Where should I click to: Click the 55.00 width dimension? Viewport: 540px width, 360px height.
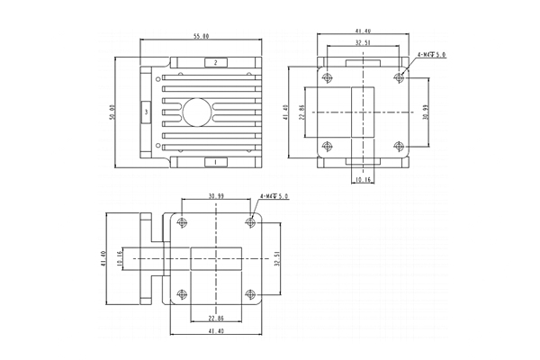[x=201, y=37]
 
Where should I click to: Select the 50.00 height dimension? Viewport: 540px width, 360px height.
[x=112, y=112]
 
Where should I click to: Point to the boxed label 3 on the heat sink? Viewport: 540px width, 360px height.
[x=146, y=112]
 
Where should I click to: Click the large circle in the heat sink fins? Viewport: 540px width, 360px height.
[x=196, y=112]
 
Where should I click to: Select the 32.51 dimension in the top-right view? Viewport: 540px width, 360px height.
[x=362, y=42]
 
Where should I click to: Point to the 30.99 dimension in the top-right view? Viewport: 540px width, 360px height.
[x=425, y=112]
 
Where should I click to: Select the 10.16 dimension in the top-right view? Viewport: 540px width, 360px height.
[x=362, y=179]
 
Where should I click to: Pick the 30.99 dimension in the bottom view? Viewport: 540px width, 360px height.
[x=216, y=195]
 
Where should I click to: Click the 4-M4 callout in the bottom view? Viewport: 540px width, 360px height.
[x=273, y=195]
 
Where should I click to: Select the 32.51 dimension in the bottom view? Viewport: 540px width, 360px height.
[x=277, y=258]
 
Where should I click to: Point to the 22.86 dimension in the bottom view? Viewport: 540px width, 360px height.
[x=216, y=318]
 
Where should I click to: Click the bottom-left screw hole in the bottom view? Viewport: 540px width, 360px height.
[x=183, y=293]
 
